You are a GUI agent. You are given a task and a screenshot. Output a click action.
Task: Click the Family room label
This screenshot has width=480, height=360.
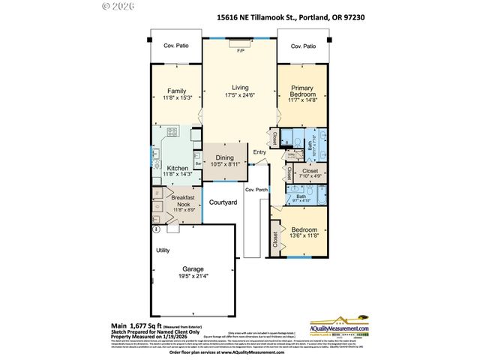(x=177, y=90)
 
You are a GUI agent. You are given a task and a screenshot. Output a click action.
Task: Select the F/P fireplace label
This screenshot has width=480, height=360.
(x=240, y=50)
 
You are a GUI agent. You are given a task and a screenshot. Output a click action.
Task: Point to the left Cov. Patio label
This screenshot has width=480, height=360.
(x=177, y=45)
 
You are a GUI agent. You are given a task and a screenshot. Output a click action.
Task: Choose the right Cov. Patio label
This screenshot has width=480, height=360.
(x=303, y=45)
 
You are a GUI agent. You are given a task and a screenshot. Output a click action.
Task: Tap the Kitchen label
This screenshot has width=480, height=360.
(x=178, y=168)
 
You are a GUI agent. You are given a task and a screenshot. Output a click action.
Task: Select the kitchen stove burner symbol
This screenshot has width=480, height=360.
(x=171, y=133)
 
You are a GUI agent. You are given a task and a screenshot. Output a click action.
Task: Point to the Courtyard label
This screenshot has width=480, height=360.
(x=222, y=202)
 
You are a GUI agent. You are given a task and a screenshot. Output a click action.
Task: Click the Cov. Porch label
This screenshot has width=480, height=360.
(x=256, y=190)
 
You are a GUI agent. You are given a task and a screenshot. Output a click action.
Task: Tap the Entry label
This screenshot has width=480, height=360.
(x=259, y=153)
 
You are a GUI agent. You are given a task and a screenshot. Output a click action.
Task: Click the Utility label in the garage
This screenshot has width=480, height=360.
(x=163, y=250)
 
